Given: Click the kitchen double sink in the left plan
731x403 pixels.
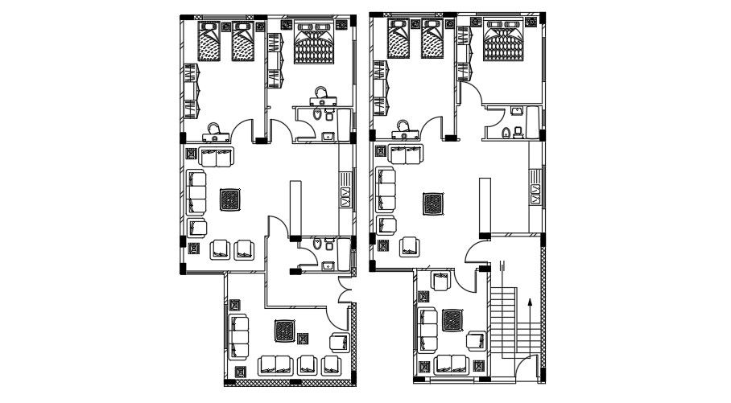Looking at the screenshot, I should click(346, 195).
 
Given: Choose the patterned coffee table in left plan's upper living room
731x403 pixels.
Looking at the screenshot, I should click(230, 199).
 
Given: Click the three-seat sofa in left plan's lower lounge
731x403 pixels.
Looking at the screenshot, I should click(239, 337).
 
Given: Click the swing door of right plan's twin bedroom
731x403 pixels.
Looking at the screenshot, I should click(432, 128).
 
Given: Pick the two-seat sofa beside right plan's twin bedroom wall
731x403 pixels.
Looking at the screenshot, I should click(404, 154).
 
